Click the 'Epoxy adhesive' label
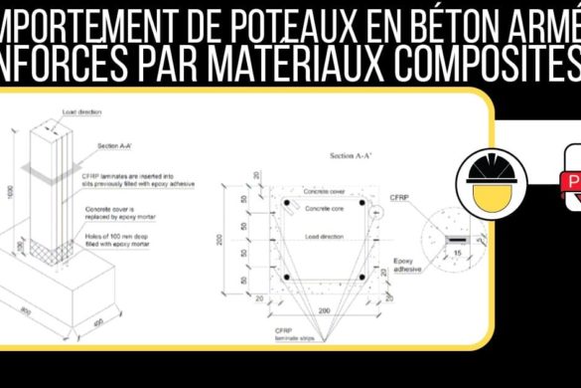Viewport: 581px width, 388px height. click(x=403, y=266)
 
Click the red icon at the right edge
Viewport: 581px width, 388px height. click(x=573, y=183)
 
